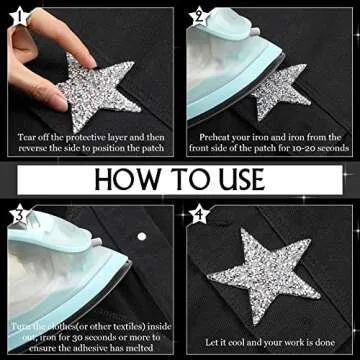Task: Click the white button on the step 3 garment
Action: [141, 237]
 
